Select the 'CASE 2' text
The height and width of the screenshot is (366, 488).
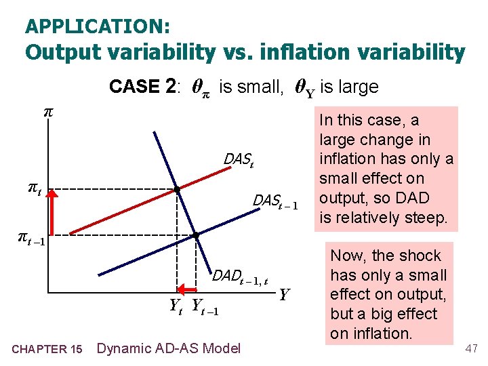pos(144,87)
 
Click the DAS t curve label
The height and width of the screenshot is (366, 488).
pos(238,159)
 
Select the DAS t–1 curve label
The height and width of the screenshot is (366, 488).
pos(275,201)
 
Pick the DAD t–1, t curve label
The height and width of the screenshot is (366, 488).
pos(240,276)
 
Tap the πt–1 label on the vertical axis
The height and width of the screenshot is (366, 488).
pos(30,238)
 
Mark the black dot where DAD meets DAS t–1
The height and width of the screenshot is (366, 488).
pos(195,235)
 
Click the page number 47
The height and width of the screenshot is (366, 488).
pos(471,348)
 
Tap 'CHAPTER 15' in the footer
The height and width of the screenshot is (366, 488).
pos(47,349)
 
